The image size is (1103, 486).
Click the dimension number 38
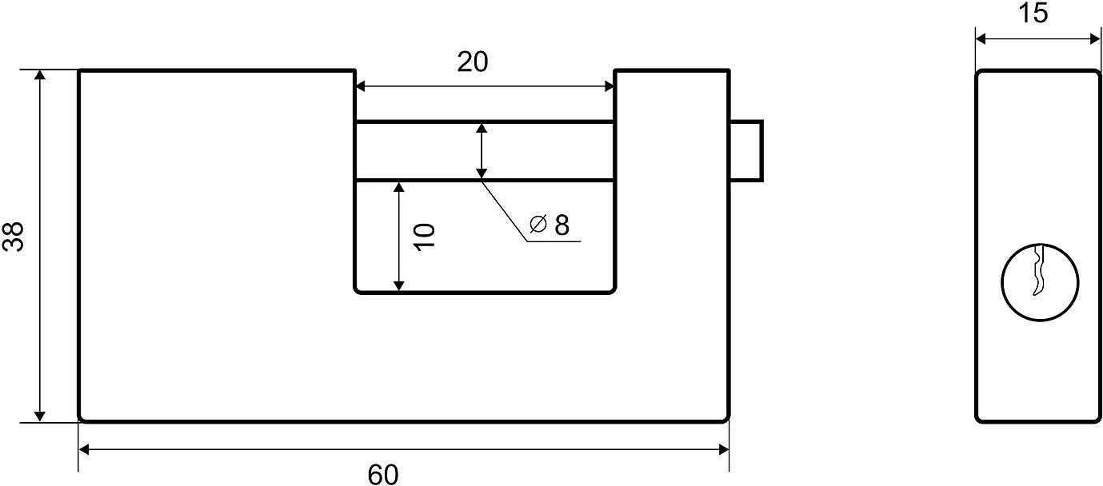point(14,237)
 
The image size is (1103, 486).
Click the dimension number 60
point(383,474)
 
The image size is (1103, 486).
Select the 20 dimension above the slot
point(473,62)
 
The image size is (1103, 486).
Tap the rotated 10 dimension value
point(425,237)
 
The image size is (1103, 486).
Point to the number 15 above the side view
point(1034,14)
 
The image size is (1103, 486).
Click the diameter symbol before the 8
point(538,225)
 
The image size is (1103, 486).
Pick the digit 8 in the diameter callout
point(561,225)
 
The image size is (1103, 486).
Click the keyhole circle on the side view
point(1040,283)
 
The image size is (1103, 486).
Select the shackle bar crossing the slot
point(416,150)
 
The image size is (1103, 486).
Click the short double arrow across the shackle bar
point(481,150)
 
